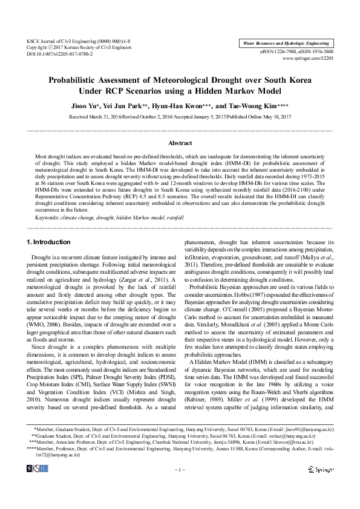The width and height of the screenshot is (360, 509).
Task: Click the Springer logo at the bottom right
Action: pyautogui.click(x=320, y=486)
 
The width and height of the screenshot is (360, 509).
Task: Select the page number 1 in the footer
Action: pyautogui.click(x=180, y=487)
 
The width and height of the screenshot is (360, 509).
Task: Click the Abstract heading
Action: pyautogui.click(x=180, y=143)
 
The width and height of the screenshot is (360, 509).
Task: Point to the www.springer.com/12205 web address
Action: pyautogui.click(x=308, y=59)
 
